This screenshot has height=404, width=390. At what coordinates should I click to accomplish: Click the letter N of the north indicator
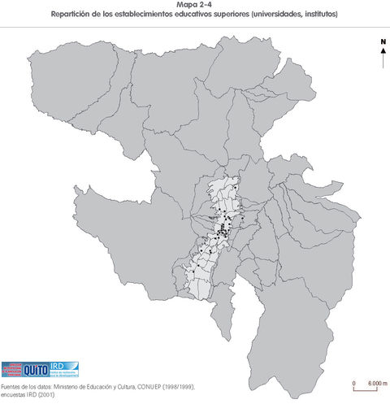point(382,41)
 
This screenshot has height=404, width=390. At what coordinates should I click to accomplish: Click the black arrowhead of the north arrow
point(382,50)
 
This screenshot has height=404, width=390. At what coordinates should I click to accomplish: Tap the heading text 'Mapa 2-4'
point(194,5)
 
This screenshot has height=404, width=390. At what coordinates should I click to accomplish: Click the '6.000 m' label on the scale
point(378,382)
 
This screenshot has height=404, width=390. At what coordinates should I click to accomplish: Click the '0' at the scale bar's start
point(353,382)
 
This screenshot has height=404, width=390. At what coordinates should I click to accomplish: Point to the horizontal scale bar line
point(366,389)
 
